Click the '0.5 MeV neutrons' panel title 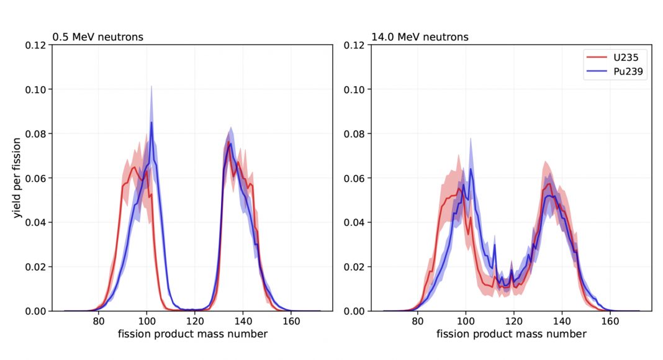[98, 37]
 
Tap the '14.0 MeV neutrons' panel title [420, 37]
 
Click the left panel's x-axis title [194, 335]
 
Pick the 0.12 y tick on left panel [35, 45]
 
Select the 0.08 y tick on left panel [35, 134]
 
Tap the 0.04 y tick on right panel [354, 222]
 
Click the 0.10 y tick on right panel [354, 89]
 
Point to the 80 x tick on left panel [98, 322]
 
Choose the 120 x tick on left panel [195, 322]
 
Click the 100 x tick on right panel [465, 322]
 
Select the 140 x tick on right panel [562, 322]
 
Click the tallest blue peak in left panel [151, 122]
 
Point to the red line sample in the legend [596, 58]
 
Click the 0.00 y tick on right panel [354, 311]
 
